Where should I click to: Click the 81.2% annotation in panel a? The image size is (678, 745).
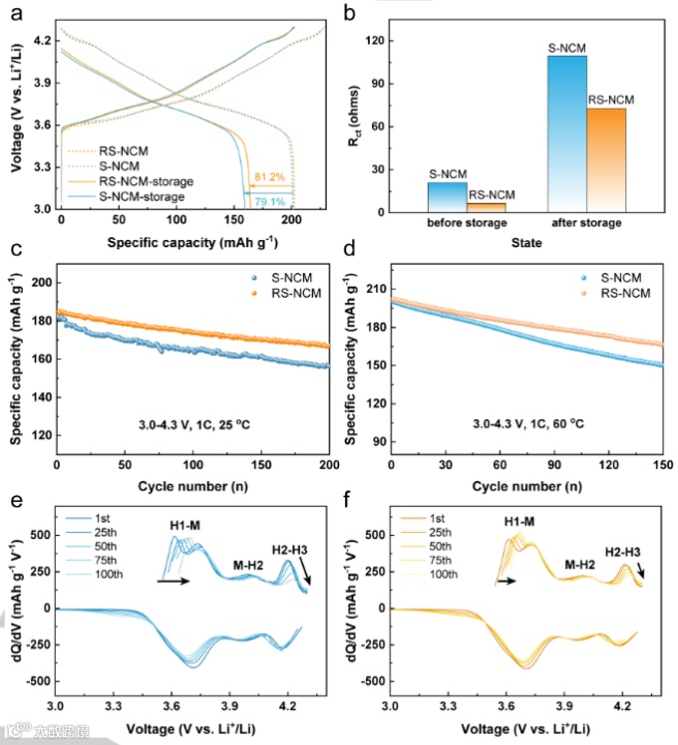[269, 177]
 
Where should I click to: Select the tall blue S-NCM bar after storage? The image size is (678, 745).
[567, 133]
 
